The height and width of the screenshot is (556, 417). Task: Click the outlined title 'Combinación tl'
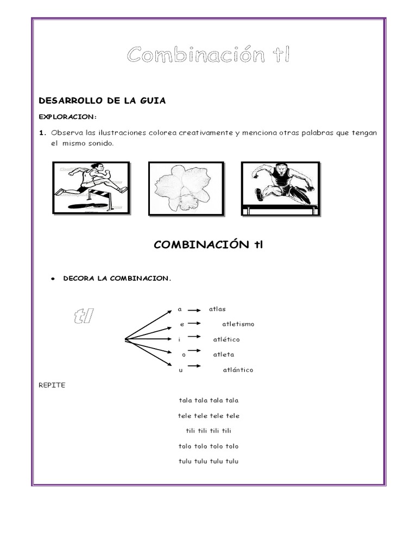[x=208, y=55]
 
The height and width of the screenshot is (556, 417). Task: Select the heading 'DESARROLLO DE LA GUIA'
[x=102, y=100]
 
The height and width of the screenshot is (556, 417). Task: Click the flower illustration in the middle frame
[x=186, y=188]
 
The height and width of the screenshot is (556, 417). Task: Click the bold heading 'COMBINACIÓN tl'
[x=208, y=245]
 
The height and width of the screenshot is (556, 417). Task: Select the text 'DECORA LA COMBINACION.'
[x=117, y=279]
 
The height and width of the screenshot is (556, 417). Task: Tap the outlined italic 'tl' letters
[x=84, y=316]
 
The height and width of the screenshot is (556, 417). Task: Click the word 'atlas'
[x=217, y=309]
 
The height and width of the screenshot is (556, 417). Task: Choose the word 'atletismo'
[x=238, y=324]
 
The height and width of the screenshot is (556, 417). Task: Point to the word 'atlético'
[x=226, y=339]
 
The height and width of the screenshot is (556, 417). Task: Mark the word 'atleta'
[x=224, y=355]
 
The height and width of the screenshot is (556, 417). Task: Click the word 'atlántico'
[x=238, y=370]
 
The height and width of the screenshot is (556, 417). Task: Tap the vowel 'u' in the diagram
[x=181, y=370]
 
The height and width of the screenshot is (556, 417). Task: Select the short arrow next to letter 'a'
[x=194, y=309]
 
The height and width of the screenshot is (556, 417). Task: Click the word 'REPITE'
[x=52, y=385]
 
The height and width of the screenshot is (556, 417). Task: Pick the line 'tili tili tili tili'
[x=208, y=431]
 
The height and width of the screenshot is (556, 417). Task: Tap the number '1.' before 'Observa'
[x=42, y=133]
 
